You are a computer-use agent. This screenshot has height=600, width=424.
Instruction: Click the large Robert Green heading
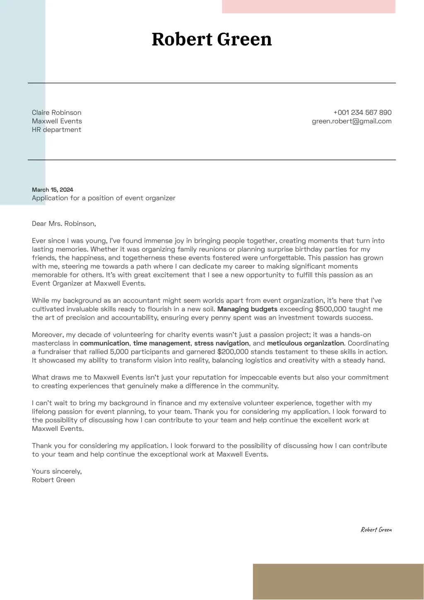coord(212,39)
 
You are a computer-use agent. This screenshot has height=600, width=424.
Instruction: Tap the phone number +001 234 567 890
coord(362,112)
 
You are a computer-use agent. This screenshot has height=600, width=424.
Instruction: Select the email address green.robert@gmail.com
coord(352,121)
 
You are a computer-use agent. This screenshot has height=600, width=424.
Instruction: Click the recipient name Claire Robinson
coord(57,112)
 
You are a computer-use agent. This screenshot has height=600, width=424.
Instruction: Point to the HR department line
coord(56,130)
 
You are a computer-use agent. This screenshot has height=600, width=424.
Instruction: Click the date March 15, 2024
coord(53,190)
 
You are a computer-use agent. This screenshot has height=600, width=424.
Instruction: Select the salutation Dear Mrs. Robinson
coord(64,224)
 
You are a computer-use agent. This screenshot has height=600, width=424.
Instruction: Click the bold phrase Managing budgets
coord(247,309)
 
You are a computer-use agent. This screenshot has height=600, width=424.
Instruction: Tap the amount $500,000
coord(330,309)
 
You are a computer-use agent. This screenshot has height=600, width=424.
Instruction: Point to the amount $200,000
coord(233,352)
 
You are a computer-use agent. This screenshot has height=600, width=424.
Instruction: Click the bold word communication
coord(104,343)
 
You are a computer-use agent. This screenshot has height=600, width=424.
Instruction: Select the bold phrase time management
coord(161,343)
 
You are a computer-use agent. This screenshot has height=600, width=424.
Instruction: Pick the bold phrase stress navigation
coord(222,343)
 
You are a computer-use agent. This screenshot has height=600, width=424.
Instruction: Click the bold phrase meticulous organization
coord(305,343)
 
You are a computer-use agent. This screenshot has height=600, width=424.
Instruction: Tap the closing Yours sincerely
coord(57,471)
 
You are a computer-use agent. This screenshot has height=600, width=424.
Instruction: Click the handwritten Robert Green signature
coord(376,530)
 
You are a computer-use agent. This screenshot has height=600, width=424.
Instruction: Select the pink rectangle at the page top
coord(308,7)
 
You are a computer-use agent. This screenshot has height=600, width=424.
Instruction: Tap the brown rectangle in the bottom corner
coord(338,581)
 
